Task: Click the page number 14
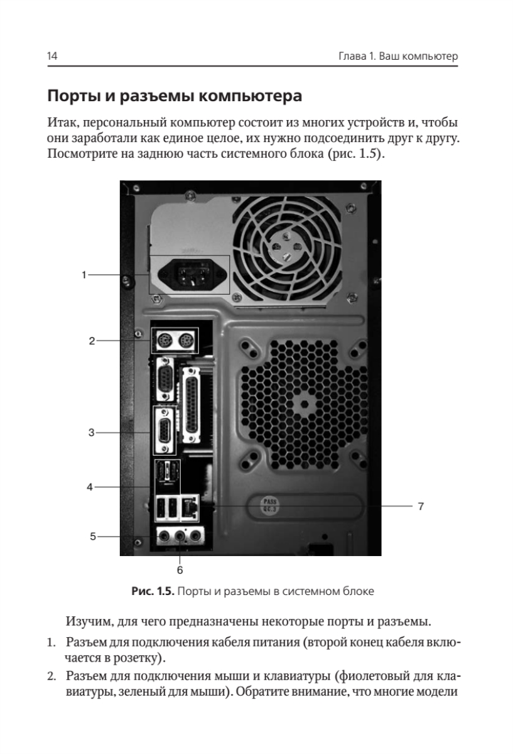point(52,56)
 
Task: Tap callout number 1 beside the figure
point(84,275)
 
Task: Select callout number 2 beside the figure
point(92,341)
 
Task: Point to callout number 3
point(92,432)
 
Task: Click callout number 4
point(90,487)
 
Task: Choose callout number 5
point(93,537)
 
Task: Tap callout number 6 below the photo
point(180,570)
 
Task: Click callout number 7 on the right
point(421,506)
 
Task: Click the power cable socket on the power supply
point(192,275)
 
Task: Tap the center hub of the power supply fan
point(286,248)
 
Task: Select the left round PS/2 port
point(165,341)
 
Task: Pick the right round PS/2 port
point(185,341)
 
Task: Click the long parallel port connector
point(192,405)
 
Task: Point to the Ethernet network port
point(190,508)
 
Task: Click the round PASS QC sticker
point(270,506)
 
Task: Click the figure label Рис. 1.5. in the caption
point(153,591)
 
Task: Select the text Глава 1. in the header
point(357,56)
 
